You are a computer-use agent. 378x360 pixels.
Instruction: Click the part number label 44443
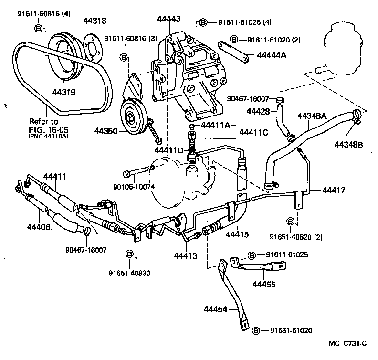tap(169, 19)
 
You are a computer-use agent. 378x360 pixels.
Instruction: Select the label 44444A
tap(271, 56)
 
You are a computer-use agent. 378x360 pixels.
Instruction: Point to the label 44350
tap(106, 130)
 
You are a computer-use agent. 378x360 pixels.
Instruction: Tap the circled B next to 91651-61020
tap(256, 330)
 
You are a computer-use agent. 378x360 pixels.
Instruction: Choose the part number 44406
tap(40, 227)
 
